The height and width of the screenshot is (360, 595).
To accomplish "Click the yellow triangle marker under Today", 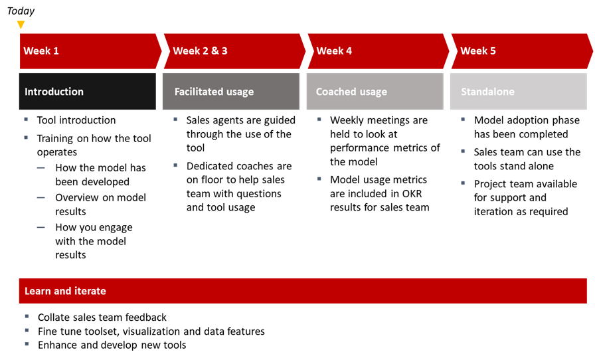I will click(21, 25).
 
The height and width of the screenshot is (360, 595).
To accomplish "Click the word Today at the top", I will click(21, 11).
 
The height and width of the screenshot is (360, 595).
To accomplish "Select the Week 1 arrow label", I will click(41, 51).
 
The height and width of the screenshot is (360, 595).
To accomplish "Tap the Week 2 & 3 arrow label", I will click(200, 51).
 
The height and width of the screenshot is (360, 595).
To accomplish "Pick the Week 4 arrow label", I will click(334, 51).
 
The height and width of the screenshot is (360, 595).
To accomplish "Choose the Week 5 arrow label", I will click(478, 51).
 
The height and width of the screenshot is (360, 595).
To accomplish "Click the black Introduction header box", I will click(87, 92).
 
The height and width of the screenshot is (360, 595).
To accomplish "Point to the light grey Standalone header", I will click(518, 92).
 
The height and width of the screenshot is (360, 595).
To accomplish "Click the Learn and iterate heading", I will click(65, 291).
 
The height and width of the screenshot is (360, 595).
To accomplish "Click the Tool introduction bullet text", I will click(76, 120).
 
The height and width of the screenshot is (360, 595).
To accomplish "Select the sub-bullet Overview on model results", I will click(100, 205).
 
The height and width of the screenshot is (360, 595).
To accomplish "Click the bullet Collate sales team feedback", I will click(102, 317).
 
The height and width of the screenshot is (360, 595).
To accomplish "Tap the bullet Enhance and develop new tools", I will click(112, 345).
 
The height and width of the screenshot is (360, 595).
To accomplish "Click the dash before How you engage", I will click(41, 227).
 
